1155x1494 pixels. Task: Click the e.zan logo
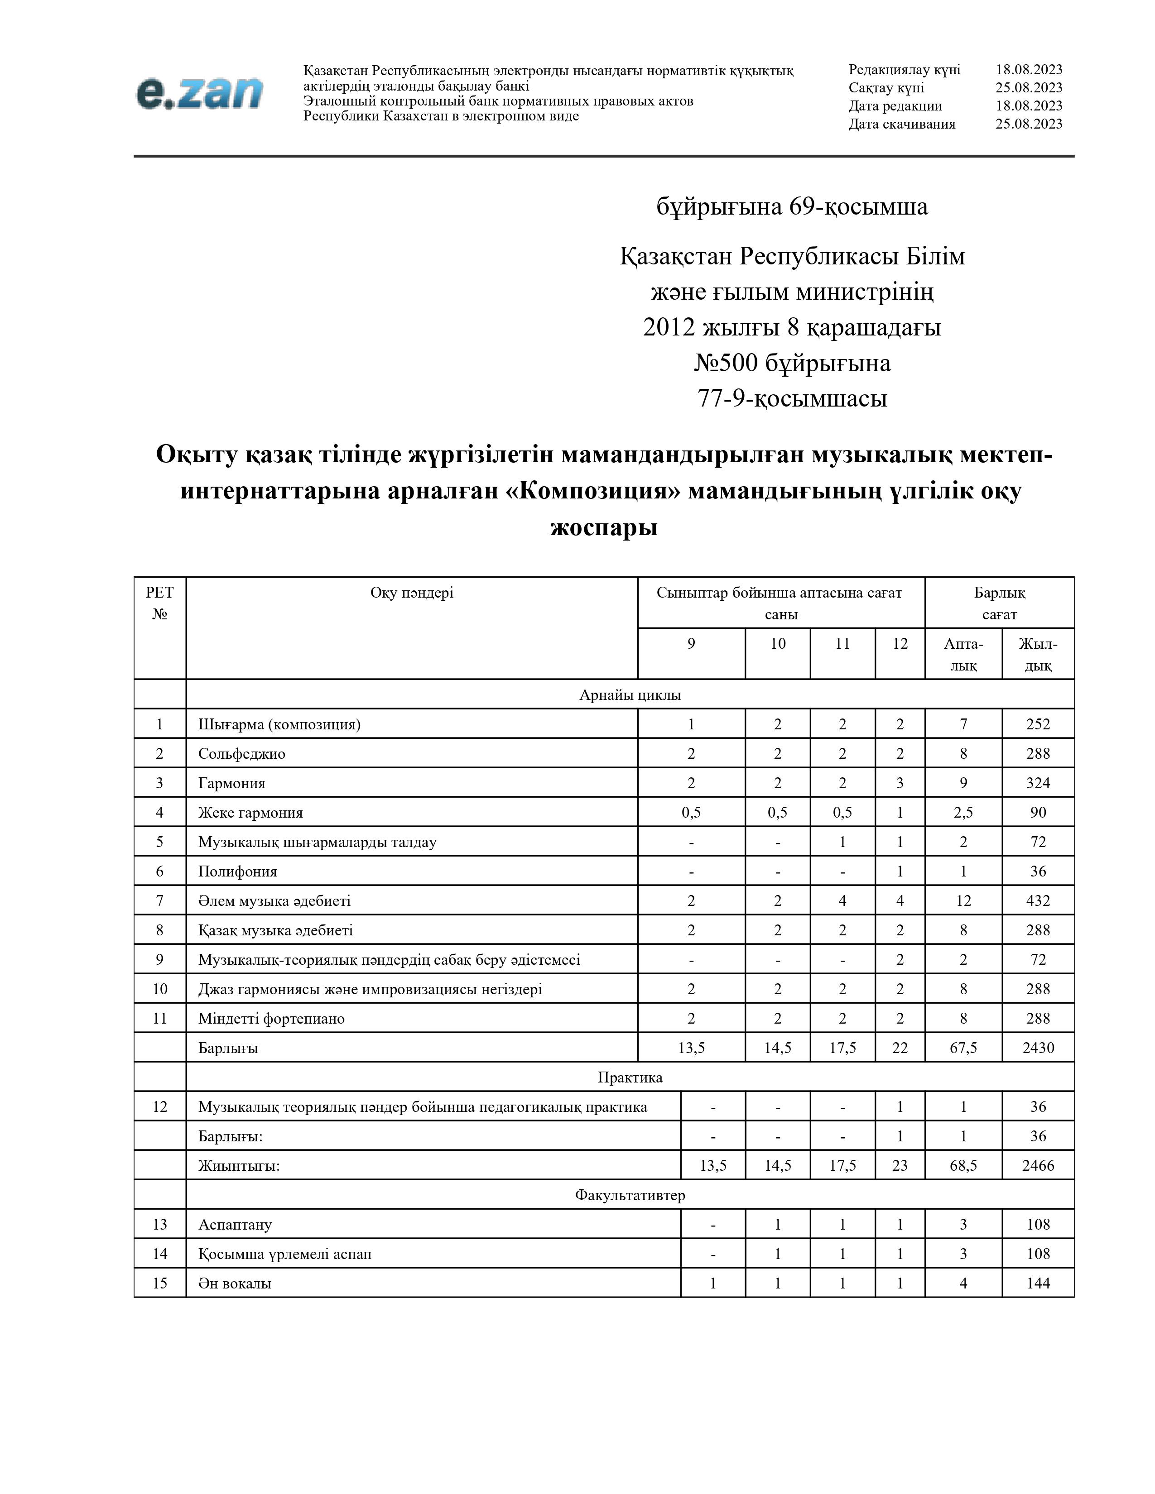coord(199,93)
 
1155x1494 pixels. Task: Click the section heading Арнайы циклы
coord(630,694)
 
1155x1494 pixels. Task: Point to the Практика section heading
coord(630,1077)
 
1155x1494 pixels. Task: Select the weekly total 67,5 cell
coord(963,1047)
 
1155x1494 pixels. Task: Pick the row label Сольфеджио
coord(241,753)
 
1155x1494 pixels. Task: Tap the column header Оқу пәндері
coord(411,593)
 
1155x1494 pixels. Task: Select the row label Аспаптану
coord(235,1224)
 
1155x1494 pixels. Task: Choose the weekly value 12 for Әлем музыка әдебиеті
coord(963,900)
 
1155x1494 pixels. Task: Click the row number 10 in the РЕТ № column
coord(159,988)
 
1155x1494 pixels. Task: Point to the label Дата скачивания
coord(902,124)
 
